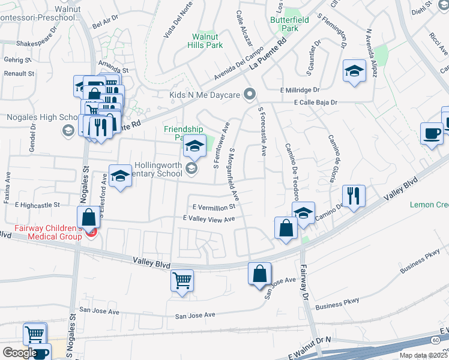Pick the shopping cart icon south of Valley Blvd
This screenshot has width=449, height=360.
(182, 280)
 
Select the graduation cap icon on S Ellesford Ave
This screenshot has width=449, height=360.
(120, 176)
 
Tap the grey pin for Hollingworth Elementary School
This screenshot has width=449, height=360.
(191, 169)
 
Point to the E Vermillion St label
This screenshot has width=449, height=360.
(214, 206)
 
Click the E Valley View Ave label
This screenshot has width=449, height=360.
(209, 220)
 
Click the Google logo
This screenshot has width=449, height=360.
(19, 353)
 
